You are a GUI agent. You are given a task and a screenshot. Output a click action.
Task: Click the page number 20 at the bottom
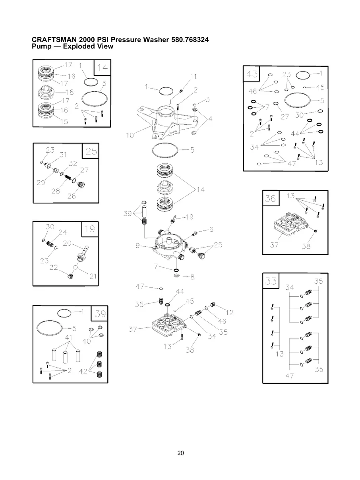180,453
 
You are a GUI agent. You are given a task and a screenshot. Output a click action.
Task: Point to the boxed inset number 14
102,68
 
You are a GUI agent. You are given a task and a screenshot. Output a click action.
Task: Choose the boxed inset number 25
91,151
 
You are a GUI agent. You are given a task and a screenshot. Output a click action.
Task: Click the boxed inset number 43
252,74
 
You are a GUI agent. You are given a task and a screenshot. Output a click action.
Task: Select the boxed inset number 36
271,198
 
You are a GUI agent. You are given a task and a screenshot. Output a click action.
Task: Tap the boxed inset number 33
271,281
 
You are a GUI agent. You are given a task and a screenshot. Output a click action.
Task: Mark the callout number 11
194,77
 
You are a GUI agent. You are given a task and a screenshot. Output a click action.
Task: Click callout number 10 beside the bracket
130,135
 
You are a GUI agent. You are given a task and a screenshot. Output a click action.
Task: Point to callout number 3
208,99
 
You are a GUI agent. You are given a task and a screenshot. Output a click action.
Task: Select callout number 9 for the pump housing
137,246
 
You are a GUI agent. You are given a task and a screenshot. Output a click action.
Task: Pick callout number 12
230,312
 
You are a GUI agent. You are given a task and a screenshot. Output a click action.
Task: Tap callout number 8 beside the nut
192,277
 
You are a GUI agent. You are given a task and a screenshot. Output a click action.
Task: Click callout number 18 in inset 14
70,92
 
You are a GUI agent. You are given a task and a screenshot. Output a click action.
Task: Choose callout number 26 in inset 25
72,196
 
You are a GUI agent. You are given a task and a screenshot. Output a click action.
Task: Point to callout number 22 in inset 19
54,267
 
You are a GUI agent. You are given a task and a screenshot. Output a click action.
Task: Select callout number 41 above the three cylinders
69,337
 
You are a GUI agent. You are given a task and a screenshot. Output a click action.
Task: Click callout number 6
211,229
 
